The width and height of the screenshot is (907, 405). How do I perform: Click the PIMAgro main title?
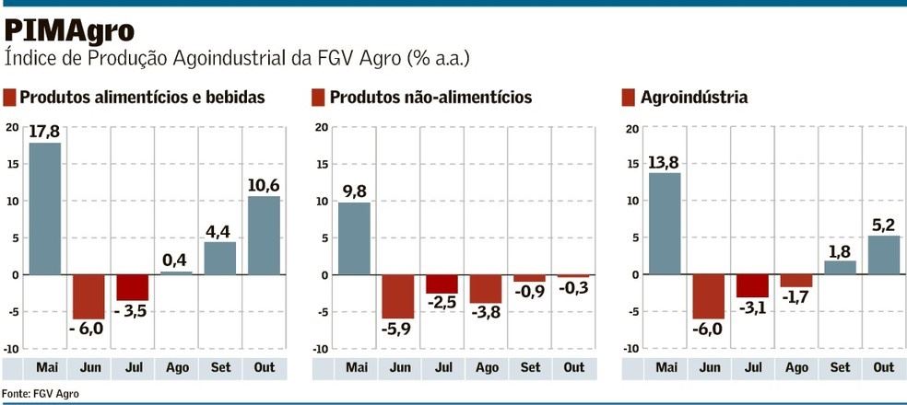[x=70, y=29]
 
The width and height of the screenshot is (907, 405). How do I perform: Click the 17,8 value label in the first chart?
[x=44, y=132]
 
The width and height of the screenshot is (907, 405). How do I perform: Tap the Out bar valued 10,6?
[x=264, y=236]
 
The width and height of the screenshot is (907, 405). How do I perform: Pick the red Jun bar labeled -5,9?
[x=399, y=296]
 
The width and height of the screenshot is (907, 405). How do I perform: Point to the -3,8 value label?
[x=486, y=312]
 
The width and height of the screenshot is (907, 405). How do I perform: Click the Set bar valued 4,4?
[x=219, y=259]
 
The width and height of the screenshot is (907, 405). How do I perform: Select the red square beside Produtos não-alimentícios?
[x=318, y=98]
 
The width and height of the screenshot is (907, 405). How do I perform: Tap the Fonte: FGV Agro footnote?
[x=41, y=393]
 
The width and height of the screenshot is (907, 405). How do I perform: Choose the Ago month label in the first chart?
[x=176, y=368]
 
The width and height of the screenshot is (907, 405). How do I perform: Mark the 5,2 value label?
[x=883, y=225]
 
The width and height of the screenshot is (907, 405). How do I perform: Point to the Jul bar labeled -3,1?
[x=752, y=286]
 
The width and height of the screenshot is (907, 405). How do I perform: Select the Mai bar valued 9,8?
[x=354, y=238]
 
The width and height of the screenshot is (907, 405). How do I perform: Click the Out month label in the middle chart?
[x=573, y=368]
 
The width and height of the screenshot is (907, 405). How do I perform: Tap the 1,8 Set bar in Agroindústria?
[x=840, y=268]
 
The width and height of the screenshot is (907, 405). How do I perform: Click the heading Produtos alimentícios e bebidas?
[x=142, y=98]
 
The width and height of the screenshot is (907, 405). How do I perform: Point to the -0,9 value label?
[x=530, y=291]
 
